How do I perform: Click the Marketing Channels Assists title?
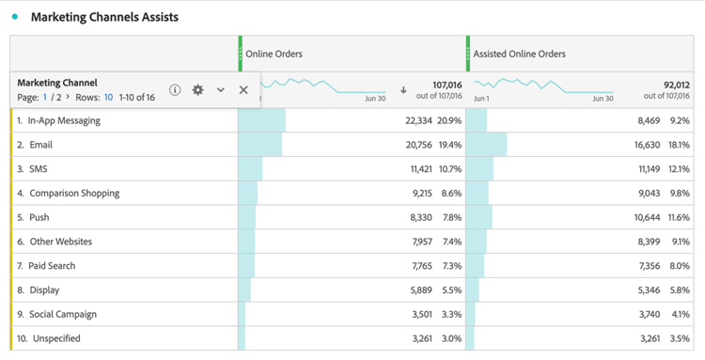point(104,17)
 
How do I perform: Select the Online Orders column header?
point(274,55)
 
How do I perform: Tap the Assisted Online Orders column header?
point(519,55)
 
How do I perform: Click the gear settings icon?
point(197,90)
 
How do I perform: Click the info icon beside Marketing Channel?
point(175,90)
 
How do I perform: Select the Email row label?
point(40,145)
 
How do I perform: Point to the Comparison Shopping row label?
point(74,194)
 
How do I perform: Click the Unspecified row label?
point(56,338)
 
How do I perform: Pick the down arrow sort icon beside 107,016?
point(403,90)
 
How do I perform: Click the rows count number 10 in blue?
point(108,97)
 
